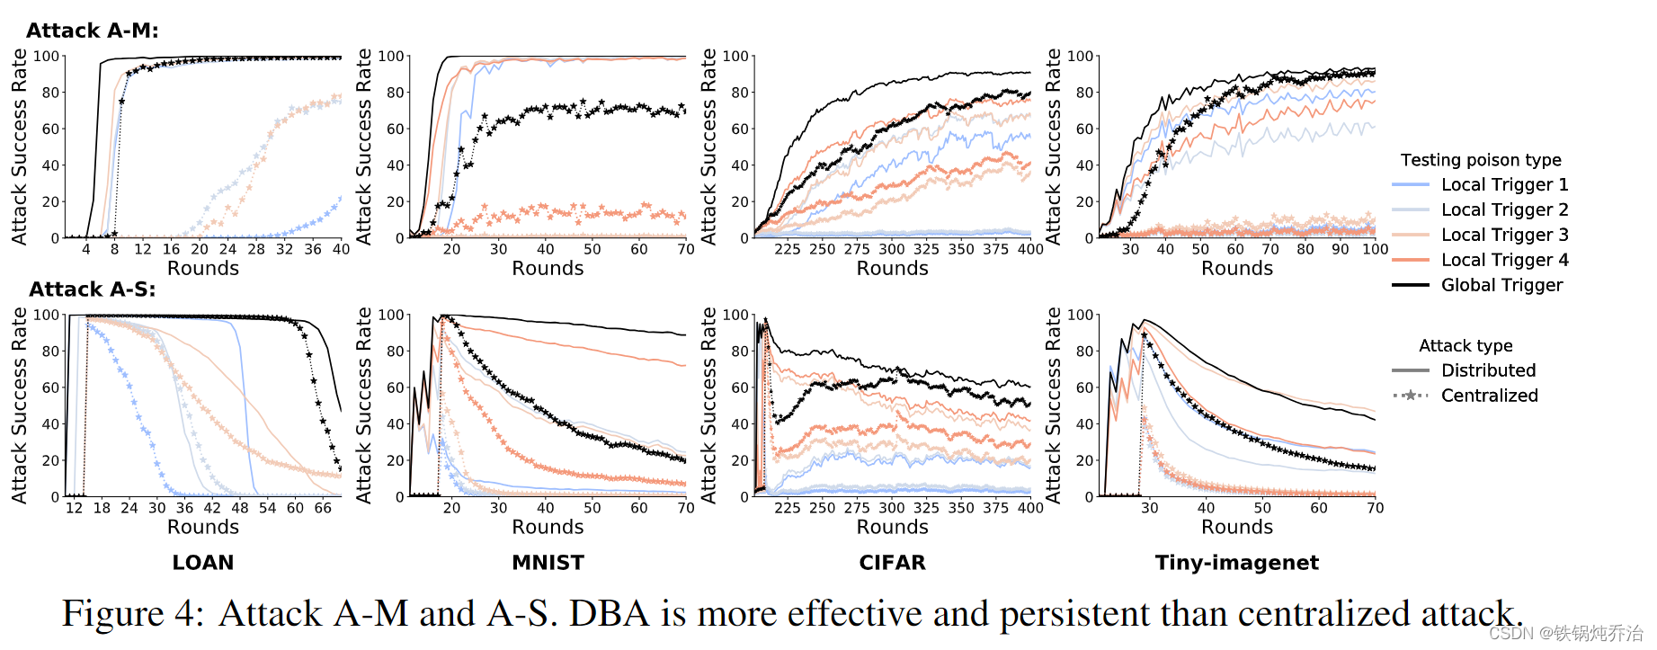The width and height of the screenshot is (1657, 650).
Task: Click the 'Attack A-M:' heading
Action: pos(92,31)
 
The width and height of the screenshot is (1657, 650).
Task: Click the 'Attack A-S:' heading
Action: pos(92,289)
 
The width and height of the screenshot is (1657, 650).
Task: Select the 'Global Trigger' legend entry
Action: pos(1501,285)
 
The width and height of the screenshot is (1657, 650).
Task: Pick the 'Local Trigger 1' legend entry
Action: pos(1504,184)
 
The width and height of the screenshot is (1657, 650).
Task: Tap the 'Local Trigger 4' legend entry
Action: pos(1504,260)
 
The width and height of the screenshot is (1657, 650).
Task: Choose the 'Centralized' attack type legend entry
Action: pos(1489,396)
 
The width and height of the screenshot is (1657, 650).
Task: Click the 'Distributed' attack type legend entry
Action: pos(1488,370)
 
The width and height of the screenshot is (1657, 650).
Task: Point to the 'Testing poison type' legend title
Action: pos(1481,160)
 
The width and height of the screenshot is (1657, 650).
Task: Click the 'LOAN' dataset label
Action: pos(203,563)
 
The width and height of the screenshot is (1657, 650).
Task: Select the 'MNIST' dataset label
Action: pos(548,563)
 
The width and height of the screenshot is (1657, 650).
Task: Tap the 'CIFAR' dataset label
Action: pos(892,563)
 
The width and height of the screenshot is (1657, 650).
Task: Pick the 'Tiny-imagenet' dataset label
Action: pos(1237,563)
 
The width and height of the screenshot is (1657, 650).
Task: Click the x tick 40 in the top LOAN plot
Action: pos(341,249)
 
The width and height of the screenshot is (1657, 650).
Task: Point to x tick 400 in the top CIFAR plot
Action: pos(1030,249)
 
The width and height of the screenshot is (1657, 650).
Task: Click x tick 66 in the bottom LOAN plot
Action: pos(323,508)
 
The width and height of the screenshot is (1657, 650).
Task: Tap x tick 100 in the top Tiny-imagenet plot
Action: pos(1375,249)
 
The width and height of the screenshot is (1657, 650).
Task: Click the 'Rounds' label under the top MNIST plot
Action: pos(548,268)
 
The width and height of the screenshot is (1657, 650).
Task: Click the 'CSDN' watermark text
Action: pos(1510,634)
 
